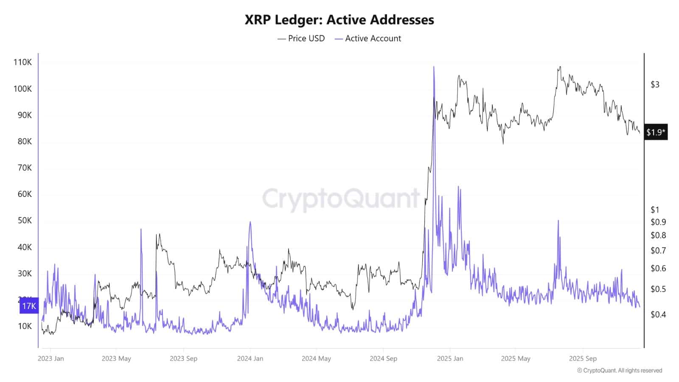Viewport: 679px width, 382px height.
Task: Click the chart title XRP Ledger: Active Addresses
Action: [x=339, y=20]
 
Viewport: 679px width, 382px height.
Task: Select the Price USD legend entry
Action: [x=301, y=38]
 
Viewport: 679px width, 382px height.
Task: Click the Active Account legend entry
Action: [x=368, y=38]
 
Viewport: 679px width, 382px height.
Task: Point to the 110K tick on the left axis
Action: [x=22, y=62]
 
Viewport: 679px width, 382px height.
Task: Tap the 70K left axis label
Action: [x=24, y=168]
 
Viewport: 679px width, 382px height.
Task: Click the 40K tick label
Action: [x=24, y=247]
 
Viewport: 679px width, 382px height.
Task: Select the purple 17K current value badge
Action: [x=29, y=306]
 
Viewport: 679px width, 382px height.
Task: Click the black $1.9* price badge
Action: [x=656, y=132]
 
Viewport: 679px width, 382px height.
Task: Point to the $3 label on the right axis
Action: [x=655, y=84]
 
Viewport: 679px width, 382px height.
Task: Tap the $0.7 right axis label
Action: [x=658, y=250]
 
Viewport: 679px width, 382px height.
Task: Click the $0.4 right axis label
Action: [x=658, y=315]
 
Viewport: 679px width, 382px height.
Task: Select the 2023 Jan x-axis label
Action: [x=51, y=358]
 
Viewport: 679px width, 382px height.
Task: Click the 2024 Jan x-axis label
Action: [x=250, y=358]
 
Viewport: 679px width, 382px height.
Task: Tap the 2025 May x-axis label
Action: [x=515, y=358]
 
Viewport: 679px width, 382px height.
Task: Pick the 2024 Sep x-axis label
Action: [x=383, y=358]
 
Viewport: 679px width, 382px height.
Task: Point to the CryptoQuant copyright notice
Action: [x=619, y=371]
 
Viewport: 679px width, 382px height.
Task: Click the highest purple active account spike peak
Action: [x=434, y=67]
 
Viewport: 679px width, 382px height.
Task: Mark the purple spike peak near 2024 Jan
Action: [x=250, y=222]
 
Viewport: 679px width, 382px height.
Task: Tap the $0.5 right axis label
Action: [x=658, y=289]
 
